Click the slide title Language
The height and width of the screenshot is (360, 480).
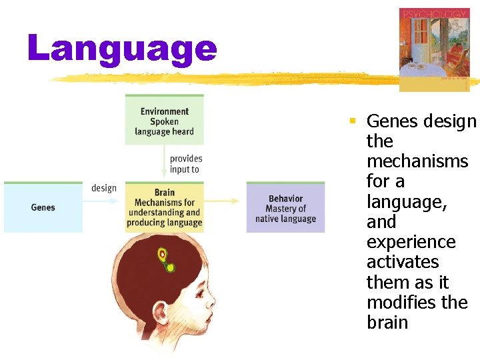123,49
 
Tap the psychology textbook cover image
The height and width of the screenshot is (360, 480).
433,48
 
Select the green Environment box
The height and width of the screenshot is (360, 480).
164,121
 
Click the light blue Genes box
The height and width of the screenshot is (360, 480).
43,207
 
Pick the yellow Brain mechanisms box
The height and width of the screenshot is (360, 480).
165,207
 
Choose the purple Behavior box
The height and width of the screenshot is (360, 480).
285,208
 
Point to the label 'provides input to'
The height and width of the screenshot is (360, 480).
185,164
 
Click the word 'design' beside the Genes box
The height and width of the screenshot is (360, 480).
104,188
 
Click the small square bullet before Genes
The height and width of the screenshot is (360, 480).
353,121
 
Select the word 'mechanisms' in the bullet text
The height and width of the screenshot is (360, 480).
417,161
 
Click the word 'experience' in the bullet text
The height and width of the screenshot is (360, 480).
411,242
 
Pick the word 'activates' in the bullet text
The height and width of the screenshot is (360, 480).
403,262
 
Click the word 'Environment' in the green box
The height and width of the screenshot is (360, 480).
165,111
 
